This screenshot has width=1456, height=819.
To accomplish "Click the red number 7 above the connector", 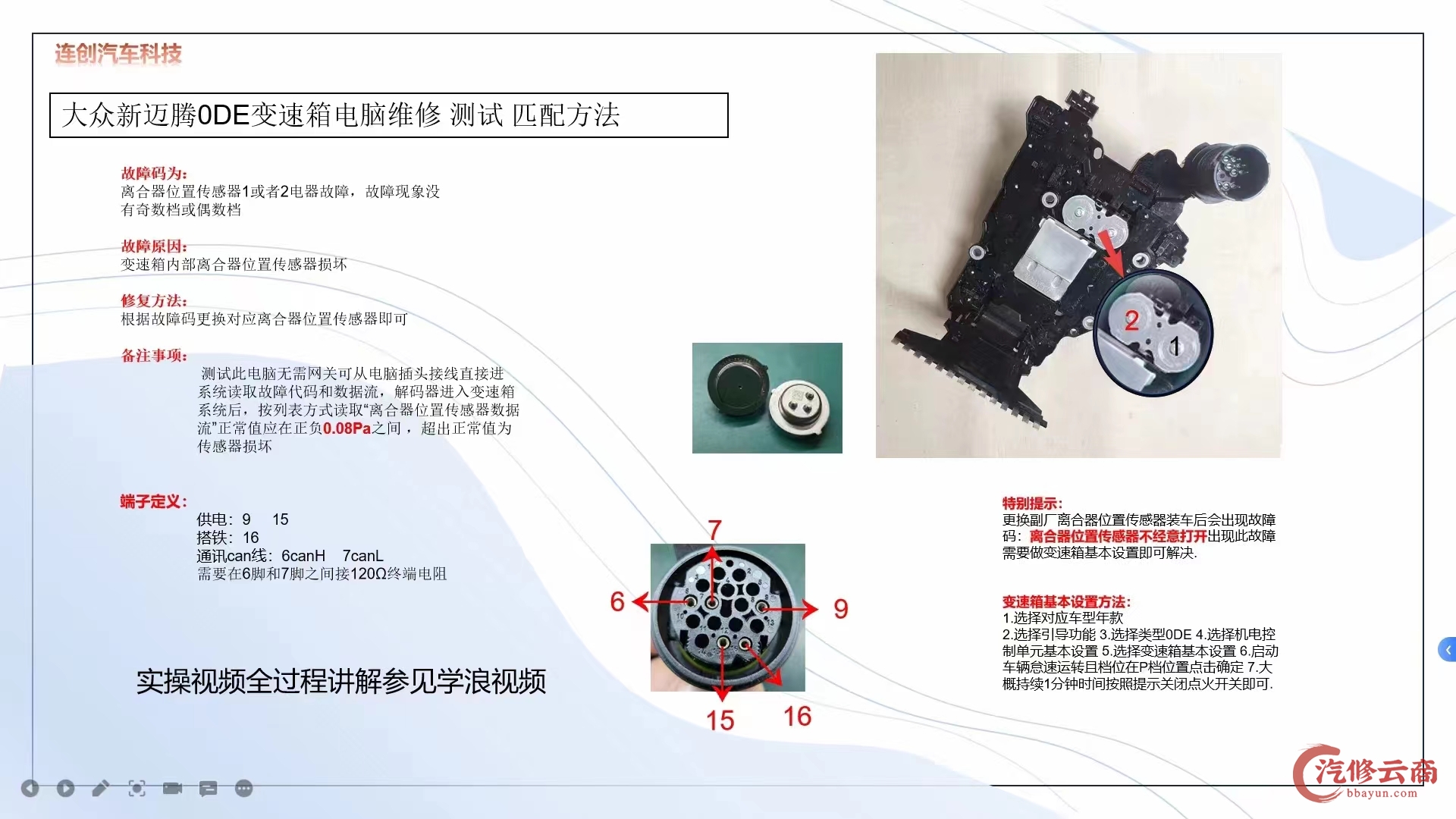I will point(714,529).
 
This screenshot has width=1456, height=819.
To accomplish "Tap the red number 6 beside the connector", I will point(617,602).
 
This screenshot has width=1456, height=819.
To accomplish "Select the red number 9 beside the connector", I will point(840,608).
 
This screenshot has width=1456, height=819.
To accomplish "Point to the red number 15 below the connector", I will point(720,720).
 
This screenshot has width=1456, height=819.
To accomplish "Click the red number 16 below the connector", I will point(797,717).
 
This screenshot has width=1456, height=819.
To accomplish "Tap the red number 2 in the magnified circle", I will point(1131,321).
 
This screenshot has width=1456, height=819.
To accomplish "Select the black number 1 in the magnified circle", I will point(1175,347).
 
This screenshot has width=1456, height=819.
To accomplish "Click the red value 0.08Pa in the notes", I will point(347,428).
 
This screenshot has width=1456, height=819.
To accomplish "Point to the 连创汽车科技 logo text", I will point(118,54).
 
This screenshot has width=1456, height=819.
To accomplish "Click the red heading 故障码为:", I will point(154,174).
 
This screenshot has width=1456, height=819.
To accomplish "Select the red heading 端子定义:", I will point(153,502).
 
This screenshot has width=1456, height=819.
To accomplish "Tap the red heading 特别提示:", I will point(1032,504).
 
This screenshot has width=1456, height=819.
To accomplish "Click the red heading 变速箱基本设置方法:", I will point(1065,602).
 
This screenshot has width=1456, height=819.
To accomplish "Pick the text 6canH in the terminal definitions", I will point(303,556).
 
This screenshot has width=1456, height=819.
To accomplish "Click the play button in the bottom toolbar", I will point(66,789).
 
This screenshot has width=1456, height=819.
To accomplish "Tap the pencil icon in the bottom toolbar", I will point(100,789).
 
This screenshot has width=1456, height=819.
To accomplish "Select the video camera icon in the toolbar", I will point(172,789).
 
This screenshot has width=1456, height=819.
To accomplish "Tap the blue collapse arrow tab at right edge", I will point(1447,650).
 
